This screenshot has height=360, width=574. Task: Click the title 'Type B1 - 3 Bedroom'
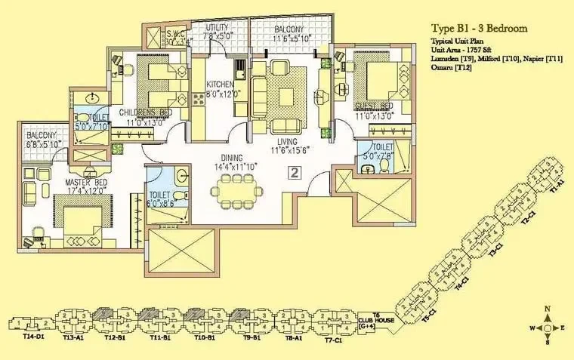(x=480, y=27)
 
